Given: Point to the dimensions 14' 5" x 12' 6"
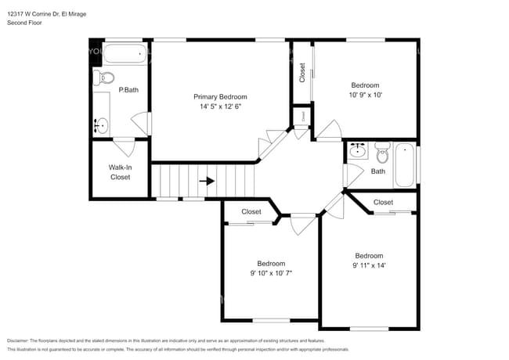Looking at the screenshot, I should (x=219, y=106).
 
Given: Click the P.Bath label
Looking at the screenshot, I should (x=128, y=91).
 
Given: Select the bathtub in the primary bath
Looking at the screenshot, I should (x=125, y=55).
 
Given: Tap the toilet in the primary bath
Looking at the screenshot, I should (x=105, y=77).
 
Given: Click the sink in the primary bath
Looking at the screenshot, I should (x=101, y=124).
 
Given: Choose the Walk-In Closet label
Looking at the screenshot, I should (x=120, y=171).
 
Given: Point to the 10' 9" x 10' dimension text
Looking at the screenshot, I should (x=365, y=95).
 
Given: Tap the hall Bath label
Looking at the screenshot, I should (x=378, y=171).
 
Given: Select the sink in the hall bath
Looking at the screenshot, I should (x=357, y=149).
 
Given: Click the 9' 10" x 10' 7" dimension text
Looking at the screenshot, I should (x=272, y=274).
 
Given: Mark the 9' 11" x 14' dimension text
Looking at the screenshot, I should (x=369, y=266).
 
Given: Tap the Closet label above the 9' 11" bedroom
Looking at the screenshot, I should (x=383, y=203).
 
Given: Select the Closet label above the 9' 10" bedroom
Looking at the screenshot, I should (x=251, y=212).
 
